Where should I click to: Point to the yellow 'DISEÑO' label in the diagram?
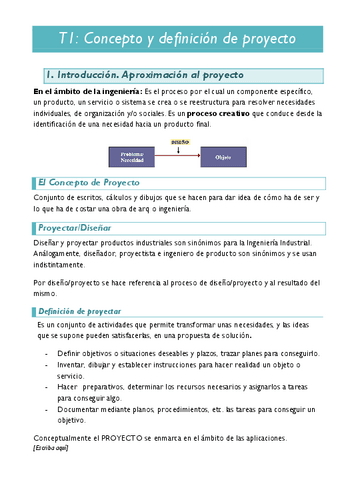180,143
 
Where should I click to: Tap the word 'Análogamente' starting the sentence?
60,254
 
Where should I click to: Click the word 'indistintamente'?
62,265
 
